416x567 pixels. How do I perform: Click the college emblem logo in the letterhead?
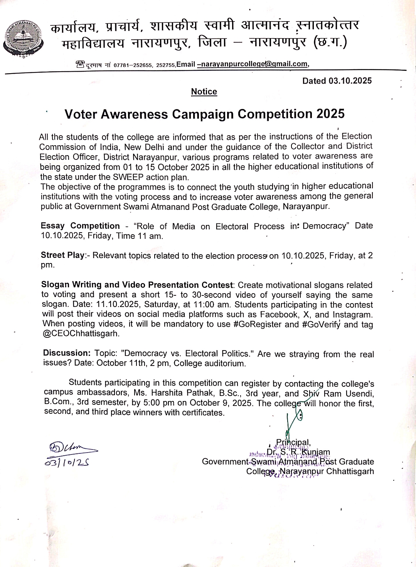pos(23,39)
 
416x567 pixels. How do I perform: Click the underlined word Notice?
pos(204,92)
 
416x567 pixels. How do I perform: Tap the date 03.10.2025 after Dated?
pos(350,81)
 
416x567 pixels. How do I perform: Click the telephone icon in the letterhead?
pos(80,64)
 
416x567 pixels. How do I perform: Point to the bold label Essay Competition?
pos(80,226)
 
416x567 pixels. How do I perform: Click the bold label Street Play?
pos(62,255)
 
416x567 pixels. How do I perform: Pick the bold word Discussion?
pos(67,353)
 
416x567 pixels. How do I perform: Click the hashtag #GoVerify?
pos(321,324)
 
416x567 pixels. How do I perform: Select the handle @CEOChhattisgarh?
pos(81,334)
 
